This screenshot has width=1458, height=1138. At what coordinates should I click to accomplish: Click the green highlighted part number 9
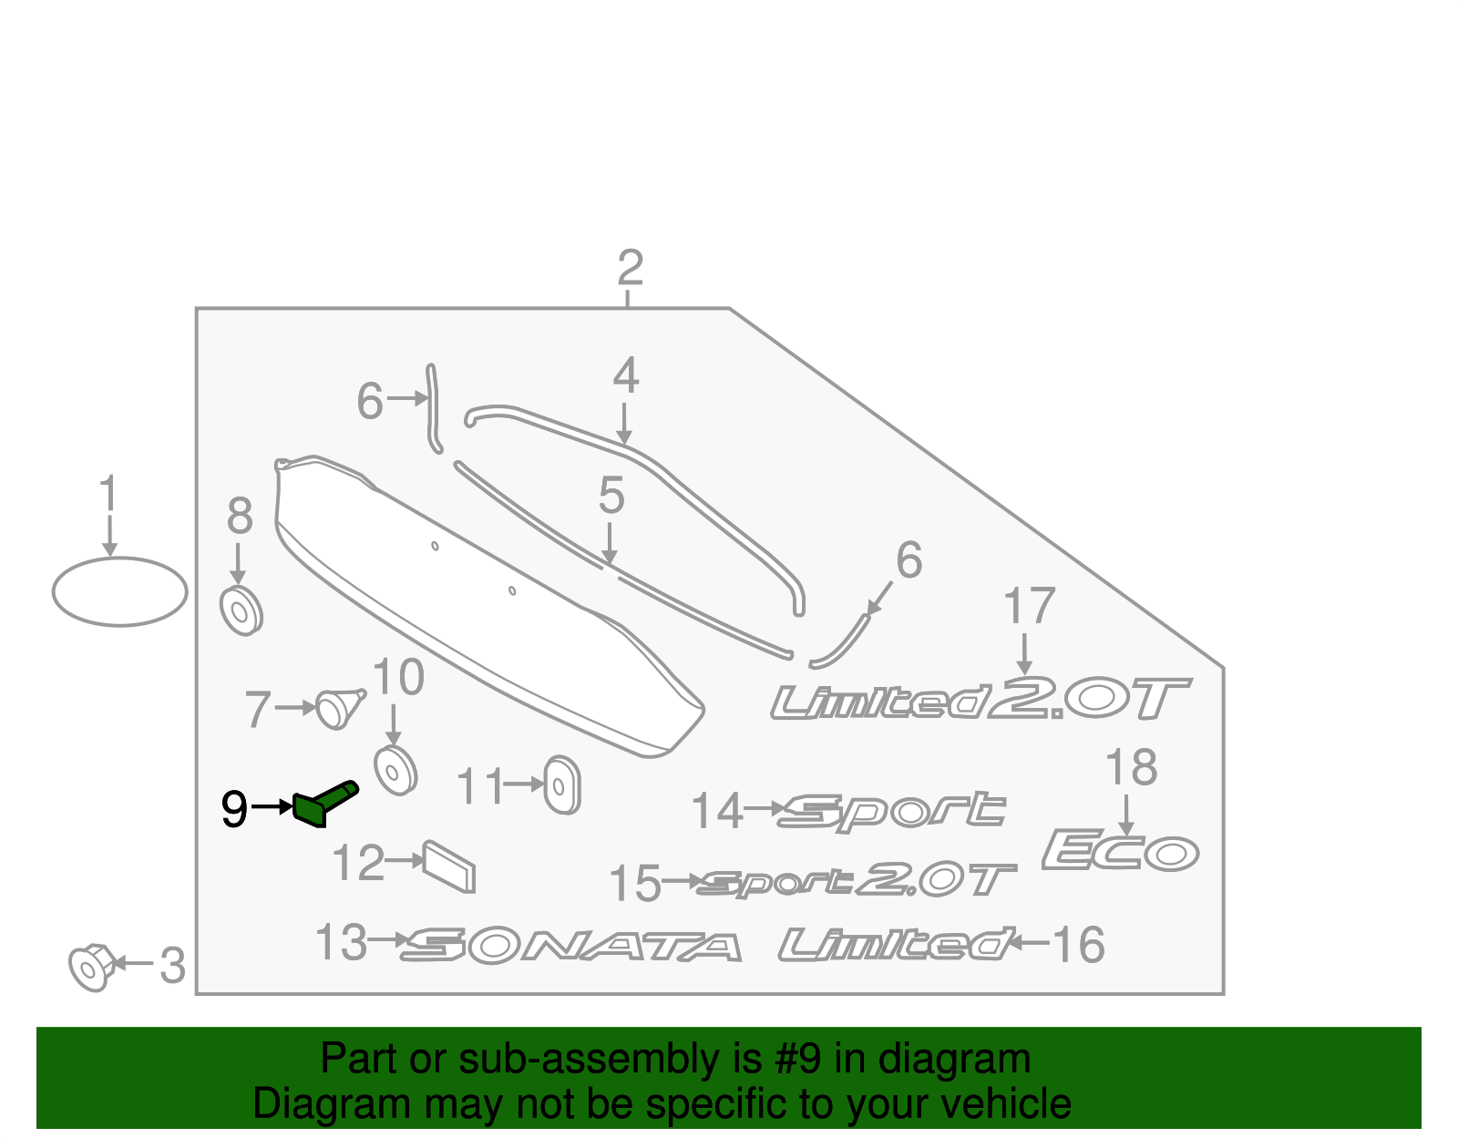pyautogui.click(x=325, y=804)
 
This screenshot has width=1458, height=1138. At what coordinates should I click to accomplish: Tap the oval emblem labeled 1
pyautogui.click(x=120, y=591)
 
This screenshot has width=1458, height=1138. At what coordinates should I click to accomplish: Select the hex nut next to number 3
pyautogui.click(x=92, y=967)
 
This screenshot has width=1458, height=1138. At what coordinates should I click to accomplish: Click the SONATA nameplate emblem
pyautogui.click(x=571, y=947)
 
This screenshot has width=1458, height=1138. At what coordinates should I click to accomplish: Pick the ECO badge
pyautogui.click(x=1121, y=850)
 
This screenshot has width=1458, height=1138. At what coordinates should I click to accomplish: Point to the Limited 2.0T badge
pyautogui.click(x=981, y=698)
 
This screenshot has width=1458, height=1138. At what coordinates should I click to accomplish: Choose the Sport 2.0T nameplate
pyautogui.click(x=857, y=880)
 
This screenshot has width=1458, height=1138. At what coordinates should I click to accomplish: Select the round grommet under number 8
pyautogui.click(x=241, y=611)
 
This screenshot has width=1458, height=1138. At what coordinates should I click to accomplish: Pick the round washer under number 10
pyautogui.click(x=395, y=771)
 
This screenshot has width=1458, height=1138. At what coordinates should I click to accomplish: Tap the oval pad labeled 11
pyautogui.click(x=561, y=785)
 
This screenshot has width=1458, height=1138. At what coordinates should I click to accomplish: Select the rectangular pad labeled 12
pyautogui.click(x=449, y=866)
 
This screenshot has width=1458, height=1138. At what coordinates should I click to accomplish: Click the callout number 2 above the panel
pyautogui.click(x=630, y=268)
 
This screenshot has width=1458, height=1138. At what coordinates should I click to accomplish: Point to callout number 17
pyautogui.click(x=1029, y=606)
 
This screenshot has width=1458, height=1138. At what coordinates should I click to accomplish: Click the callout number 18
pyautogui.click(x=1131, y=767)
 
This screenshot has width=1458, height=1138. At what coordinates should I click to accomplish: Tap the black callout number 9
pyautogui.click(x=235, y=809)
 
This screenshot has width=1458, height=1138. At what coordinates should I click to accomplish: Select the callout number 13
pyautogui.click(x=342, y=942)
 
